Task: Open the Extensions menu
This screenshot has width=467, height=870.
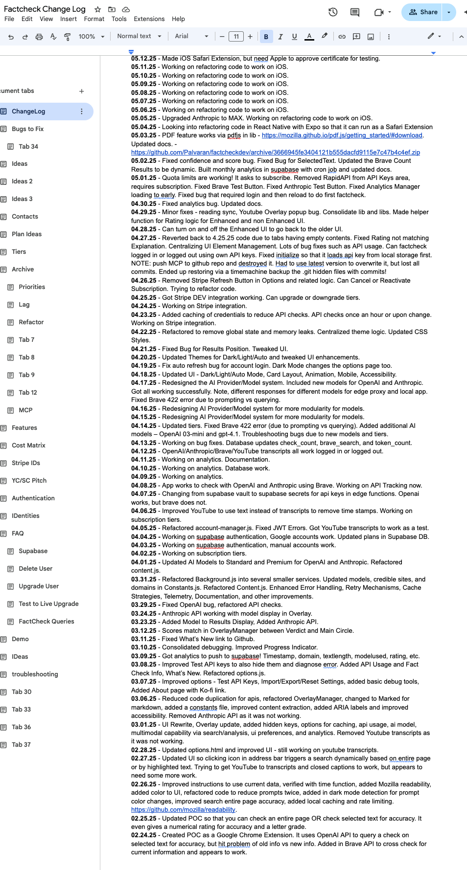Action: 149,19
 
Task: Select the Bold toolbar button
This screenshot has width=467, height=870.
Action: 266,37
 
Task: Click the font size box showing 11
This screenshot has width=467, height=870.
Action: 236,37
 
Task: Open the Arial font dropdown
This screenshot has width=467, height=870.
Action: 191,36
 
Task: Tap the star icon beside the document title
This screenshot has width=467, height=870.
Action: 98,9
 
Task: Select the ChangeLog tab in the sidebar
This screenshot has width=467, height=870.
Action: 28,112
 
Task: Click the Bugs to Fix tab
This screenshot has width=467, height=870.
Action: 27,129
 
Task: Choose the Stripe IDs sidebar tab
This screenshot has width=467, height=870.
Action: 26,463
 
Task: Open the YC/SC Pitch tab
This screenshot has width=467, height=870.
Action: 29,481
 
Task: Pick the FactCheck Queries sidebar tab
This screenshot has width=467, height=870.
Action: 47,622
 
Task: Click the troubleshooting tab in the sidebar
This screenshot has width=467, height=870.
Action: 35,674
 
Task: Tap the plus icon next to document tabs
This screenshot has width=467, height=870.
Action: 82,91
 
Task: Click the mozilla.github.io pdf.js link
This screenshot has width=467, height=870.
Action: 342,135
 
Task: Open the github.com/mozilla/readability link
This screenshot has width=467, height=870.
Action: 183,810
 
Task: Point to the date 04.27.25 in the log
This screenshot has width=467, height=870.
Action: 143,238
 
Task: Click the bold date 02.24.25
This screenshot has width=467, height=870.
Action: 143,835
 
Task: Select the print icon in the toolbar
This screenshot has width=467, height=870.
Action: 39,37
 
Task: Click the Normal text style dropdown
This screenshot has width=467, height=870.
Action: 139,36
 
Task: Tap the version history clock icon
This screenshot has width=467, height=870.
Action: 333,12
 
